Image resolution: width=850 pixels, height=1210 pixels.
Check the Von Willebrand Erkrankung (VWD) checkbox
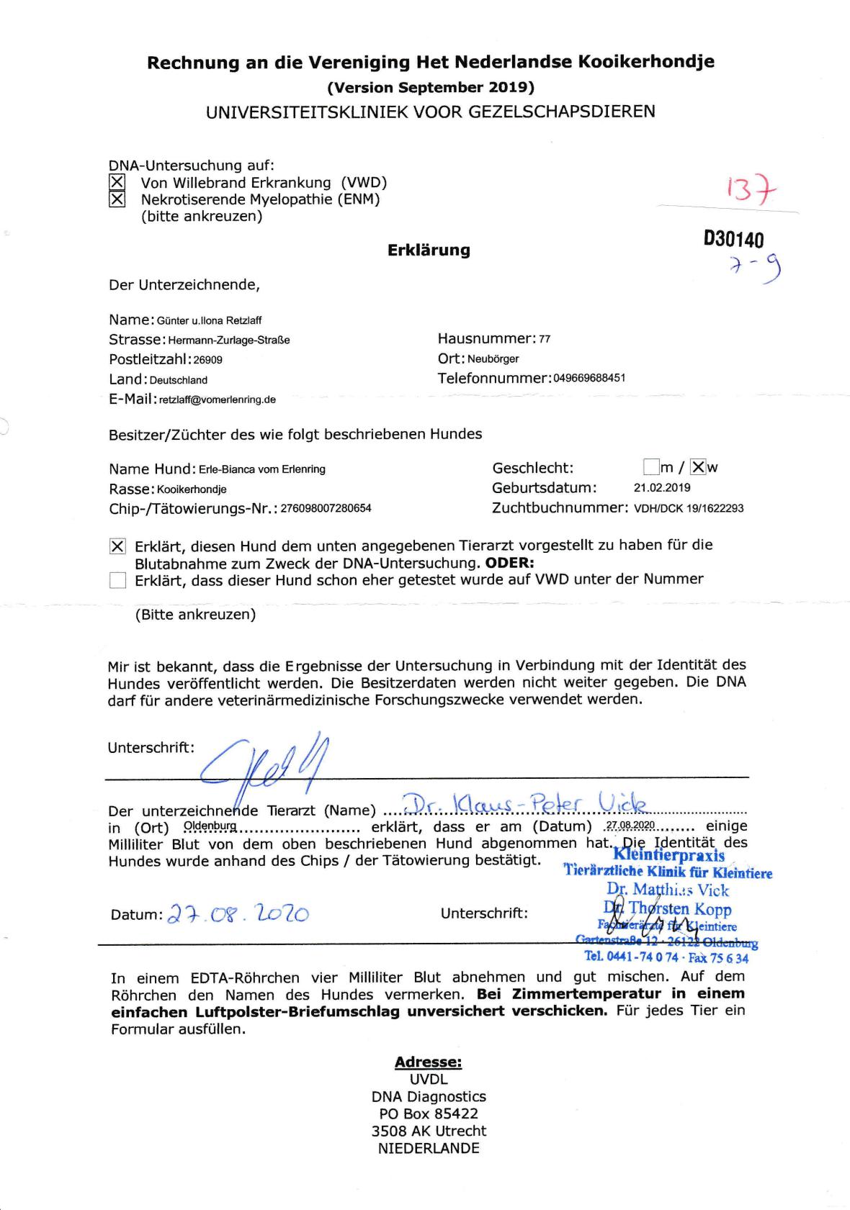(x=117, y=182)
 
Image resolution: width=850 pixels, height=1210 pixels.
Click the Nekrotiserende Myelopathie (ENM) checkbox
(x=117, y=199)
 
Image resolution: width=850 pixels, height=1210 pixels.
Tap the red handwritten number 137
(x=752, y=190)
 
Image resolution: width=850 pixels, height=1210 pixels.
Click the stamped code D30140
(x=733, y=239)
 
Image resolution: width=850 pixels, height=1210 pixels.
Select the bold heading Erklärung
(x=429, y=250)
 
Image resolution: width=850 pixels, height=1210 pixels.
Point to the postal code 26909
(x=208, y=360)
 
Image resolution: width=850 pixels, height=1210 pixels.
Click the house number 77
(x=545, y=339)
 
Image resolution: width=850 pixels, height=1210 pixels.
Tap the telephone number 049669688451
(x=589, y=379)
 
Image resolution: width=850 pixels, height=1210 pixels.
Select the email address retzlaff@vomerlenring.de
(x=218, y=399)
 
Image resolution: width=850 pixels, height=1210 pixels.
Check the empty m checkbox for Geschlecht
(x=651, y=467)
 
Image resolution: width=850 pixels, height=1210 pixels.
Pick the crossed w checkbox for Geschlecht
(x=697, y=467)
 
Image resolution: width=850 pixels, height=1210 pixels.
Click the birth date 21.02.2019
(x=662, y=487)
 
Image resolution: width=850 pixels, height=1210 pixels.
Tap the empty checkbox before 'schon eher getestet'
(x=117, y=580)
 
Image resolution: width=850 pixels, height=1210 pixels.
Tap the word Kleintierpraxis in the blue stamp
(x=668, y=855)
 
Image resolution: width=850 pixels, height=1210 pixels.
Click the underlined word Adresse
(x=428, y=1062)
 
